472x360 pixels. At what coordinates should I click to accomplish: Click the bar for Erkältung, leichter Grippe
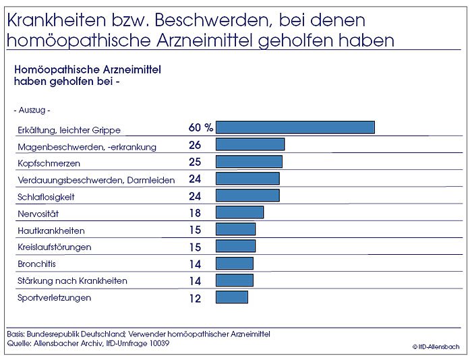295,127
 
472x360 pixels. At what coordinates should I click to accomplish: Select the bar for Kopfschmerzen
249,162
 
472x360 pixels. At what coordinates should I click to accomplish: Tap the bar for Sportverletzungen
231,297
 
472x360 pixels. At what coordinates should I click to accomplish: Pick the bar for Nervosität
239,212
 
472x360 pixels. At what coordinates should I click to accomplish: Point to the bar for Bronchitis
234,264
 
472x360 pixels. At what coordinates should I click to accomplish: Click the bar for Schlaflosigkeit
247,196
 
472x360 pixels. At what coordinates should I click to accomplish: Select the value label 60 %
200,127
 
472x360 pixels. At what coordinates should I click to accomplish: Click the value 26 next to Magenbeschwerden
195,145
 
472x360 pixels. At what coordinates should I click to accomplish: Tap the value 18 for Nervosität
195,213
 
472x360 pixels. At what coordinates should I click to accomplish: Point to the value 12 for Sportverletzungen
195,298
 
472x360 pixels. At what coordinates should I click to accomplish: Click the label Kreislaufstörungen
54,247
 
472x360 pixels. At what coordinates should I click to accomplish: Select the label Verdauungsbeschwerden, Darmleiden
95,180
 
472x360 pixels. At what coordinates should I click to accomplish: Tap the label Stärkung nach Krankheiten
71,280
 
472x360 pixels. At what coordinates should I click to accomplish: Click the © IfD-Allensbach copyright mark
436,347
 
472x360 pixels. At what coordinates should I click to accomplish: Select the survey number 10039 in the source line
156,343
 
